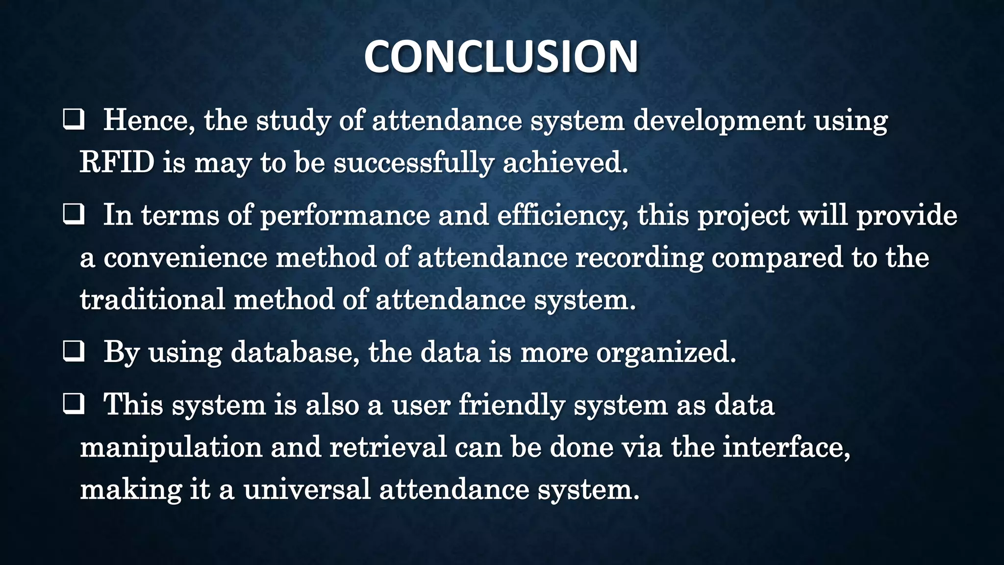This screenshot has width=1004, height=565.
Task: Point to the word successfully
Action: click(413, 163)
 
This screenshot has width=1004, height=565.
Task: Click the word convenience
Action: click(185, 257)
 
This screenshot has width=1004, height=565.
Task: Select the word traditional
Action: click(152, 299)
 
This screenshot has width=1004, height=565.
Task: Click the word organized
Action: click(666, 352)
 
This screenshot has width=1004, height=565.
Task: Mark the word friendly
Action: click(512, 406)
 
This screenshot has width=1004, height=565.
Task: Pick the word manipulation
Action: click(171, 448)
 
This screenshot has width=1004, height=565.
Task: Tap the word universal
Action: click(307, 489)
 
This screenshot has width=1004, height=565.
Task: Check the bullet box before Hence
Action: click(73, 120)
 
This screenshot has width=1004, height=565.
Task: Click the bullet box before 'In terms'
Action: click(73, 215)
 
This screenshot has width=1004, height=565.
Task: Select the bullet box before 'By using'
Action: click(73, 352)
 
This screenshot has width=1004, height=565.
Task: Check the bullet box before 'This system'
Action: click(73, 405)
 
